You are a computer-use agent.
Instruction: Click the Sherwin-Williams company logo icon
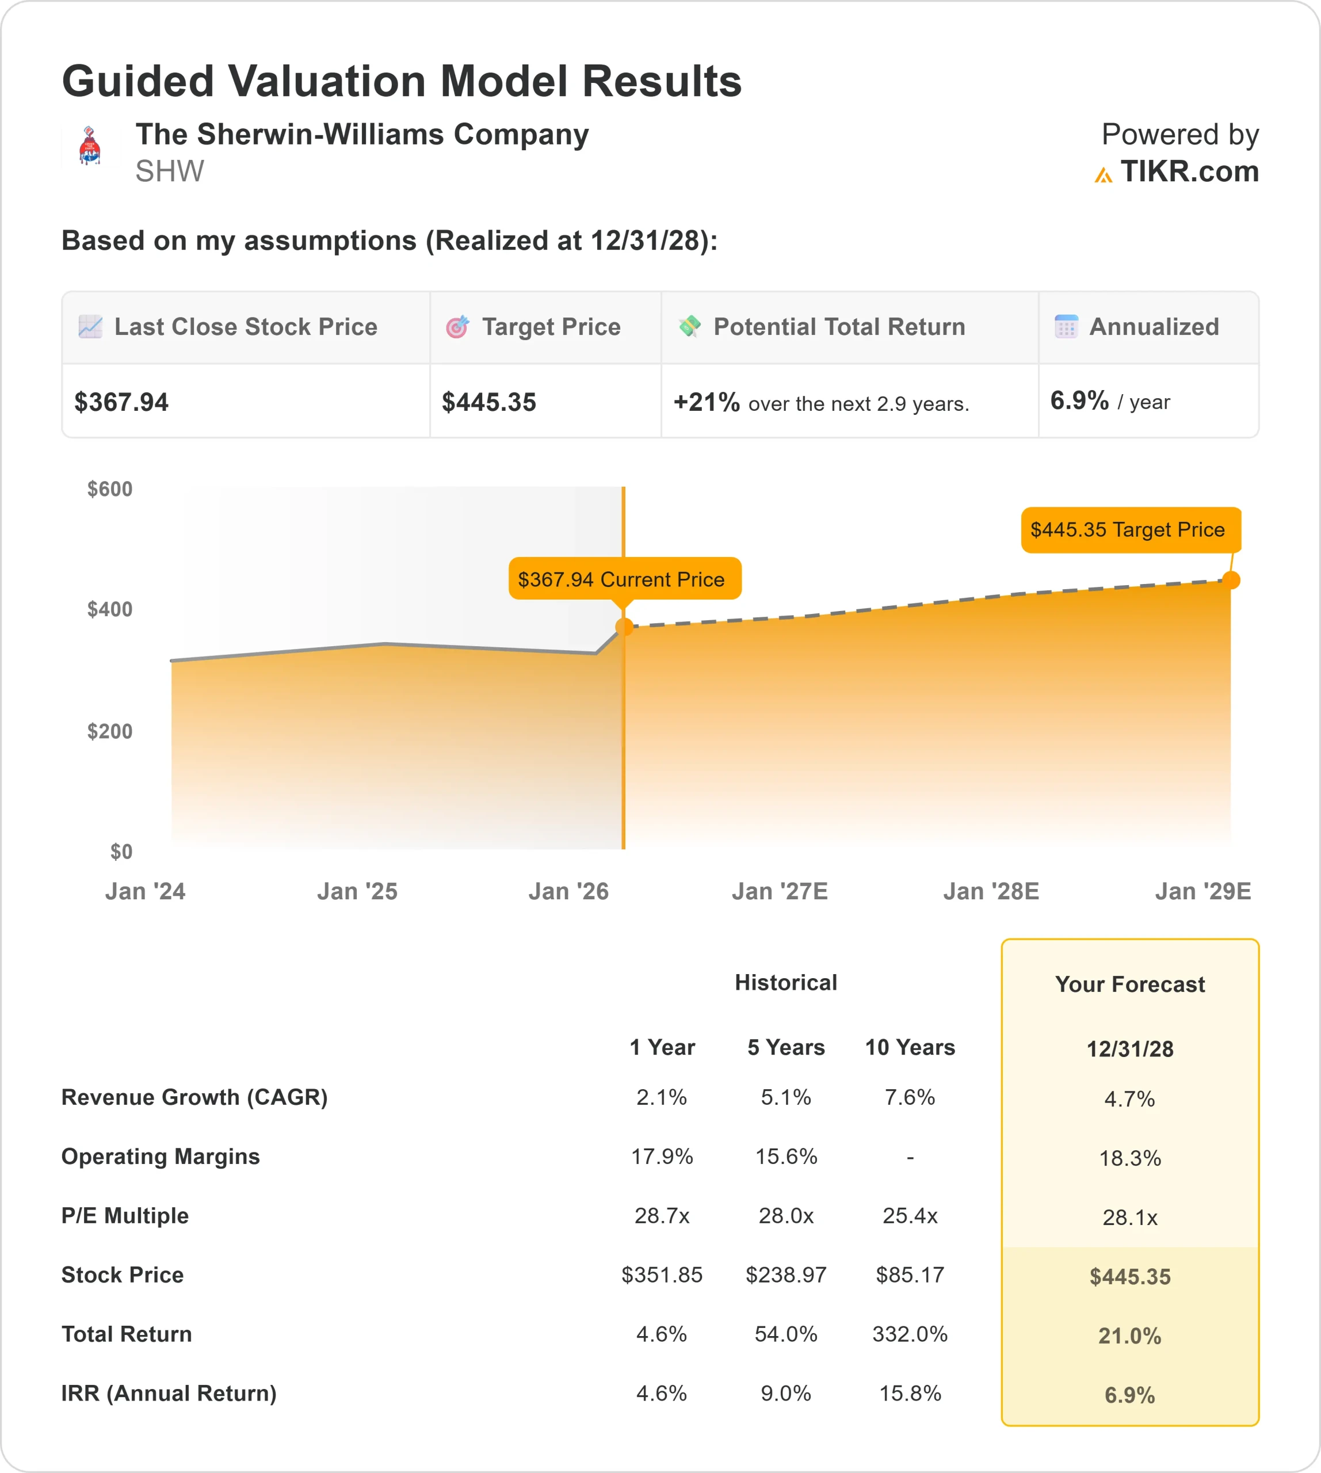(89, 146)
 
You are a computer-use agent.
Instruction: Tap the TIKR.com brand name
(1189, 172)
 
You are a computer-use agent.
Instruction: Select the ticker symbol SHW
(169, 172)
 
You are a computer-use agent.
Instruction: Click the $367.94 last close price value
(121, 402)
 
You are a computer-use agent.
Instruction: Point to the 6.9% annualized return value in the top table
(1079, 400)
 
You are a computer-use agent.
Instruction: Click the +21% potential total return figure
(705, 402)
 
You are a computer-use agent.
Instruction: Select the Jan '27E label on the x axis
(780, 891)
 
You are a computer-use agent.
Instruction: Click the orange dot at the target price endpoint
(1231, 580)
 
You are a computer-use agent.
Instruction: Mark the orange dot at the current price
(624, 627)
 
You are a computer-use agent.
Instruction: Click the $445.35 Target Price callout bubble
(1130, 530)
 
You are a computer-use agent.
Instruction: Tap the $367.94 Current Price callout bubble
(624, 579)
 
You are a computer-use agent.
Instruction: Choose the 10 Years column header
(910, 1048)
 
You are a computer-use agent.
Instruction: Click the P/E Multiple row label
(125, 1216)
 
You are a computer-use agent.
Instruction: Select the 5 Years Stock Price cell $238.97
(785, 1275)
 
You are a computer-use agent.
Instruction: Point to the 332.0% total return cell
(910, 1334)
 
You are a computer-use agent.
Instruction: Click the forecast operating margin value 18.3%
(1129, 1159)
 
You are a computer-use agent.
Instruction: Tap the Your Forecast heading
(1129, 984)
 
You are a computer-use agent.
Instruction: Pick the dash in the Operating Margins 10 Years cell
(910, 1157)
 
